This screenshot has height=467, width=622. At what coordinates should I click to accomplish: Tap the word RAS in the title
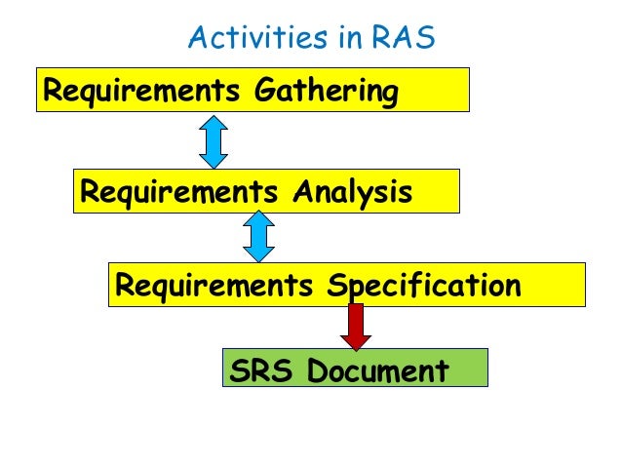[403, 38]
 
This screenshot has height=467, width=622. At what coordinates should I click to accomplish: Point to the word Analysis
[352, 192]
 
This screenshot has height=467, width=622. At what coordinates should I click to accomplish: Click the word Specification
[423, 287]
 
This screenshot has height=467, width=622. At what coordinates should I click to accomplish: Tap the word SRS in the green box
[259, 371]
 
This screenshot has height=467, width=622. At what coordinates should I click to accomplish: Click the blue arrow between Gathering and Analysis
[213, 142]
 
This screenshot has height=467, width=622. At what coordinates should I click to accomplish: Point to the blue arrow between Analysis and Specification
[258, 238]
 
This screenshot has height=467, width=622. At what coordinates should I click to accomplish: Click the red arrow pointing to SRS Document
[356, 326]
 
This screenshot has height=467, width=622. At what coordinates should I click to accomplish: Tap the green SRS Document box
[355, 369]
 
